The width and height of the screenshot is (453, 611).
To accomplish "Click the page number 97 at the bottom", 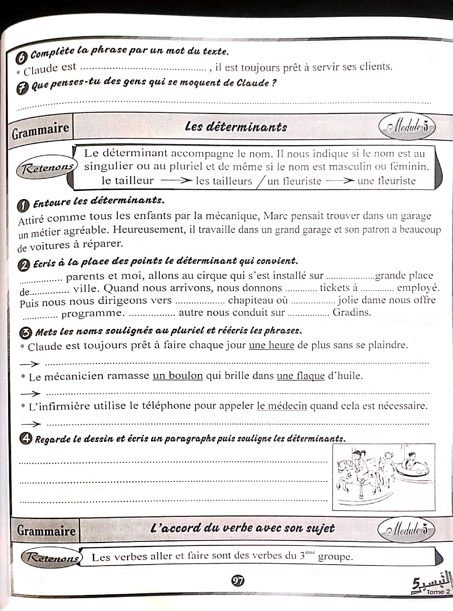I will [238, 580].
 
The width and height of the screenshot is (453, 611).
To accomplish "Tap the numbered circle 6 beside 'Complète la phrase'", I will [22, 58].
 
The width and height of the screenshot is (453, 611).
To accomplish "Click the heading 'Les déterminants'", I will [236, 127].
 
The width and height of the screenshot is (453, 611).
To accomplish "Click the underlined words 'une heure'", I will [271, 345].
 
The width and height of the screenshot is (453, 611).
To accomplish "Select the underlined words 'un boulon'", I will [178, 375].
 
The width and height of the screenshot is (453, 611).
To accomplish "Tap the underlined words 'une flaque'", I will [301, 376].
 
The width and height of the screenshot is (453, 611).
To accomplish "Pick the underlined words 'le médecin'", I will [282, 406].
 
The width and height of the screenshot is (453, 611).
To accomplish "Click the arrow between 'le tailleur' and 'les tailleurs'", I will [177, 180].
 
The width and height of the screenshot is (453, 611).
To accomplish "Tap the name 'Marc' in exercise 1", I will [276, 216].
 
